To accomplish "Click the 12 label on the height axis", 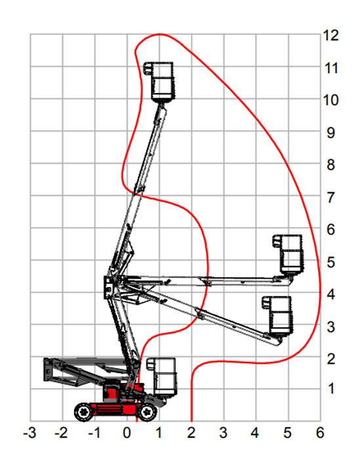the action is pos(330,36).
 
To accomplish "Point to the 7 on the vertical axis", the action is pos(330,197).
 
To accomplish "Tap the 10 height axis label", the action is pos(330,100).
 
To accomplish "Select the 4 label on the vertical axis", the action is pos(330,294).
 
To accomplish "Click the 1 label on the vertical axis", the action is pos(331,389).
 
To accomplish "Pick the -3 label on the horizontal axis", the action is pos(30,433).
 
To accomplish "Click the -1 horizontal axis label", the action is pos(94,433).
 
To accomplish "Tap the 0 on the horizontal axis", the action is pos(127,433).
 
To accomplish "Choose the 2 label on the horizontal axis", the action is pos(191,433).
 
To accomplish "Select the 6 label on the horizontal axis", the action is pos(320,433).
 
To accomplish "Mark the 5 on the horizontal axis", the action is pos(288,433).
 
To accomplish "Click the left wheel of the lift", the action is pos(84,412).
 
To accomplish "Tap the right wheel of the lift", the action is pos(148,412).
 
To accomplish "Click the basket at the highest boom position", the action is pos(159,81).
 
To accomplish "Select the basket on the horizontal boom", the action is pos(289,254).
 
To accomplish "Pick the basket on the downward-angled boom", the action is pos(278,315).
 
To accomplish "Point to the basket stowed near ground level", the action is pos(162,377).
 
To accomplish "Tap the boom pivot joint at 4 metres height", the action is pos(109,288).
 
